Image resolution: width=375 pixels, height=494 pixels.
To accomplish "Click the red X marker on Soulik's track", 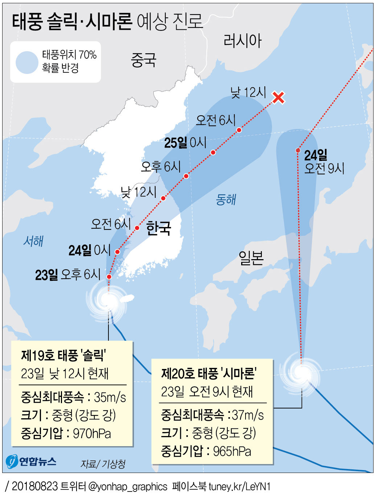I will (278, 97).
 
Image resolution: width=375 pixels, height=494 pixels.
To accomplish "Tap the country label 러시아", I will (242, 41).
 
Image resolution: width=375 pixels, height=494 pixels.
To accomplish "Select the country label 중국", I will (144, 60).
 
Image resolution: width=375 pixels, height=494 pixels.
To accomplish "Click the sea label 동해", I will (226, 199).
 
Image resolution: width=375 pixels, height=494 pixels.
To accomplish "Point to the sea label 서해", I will (33, 241).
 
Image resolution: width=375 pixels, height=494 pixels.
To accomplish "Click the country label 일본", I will (251, 258).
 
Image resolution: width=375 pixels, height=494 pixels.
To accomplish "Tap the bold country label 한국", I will (158, 228).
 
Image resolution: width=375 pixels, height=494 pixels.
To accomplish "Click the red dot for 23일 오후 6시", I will (109, 277).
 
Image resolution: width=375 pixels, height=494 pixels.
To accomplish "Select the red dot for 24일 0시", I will (118, 252).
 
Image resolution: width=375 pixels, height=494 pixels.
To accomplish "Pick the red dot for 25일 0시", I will (213, 153).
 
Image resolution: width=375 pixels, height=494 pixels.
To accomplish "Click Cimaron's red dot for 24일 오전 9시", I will (298, 150).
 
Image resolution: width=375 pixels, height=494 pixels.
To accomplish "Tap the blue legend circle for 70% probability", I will (27, 62).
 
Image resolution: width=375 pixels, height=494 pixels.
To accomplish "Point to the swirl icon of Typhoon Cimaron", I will (301, 373).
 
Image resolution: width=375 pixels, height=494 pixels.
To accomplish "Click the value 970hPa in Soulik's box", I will (92, 433).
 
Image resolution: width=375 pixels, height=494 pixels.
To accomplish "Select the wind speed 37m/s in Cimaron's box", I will (248, 415).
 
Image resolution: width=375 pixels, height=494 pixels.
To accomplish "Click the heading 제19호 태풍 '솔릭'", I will (63, 356).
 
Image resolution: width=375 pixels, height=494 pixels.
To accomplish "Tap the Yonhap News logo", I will (31, 462).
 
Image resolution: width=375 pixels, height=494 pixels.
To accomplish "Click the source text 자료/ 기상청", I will (103, 464).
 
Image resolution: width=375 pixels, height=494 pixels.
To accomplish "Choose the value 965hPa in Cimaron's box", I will (232, 451).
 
